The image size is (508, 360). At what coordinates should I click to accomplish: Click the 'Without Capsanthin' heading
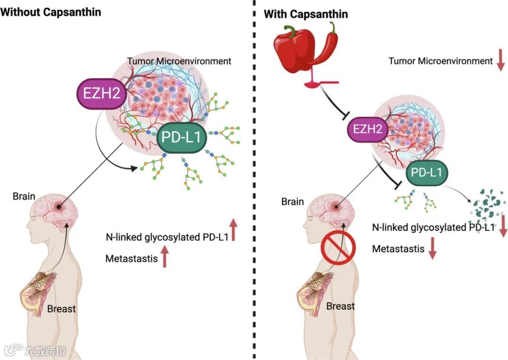point(51,12)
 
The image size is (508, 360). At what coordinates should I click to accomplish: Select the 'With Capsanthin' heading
point(306,14)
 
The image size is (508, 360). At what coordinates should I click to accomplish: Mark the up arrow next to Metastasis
point(164,258)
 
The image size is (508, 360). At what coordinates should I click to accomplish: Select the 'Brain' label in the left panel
point(24,196)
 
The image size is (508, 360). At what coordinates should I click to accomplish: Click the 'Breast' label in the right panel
point(341,306)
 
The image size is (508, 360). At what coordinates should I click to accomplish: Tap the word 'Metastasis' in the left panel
point(131,258)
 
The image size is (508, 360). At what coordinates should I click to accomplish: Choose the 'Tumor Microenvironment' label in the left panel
point(179,61)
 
